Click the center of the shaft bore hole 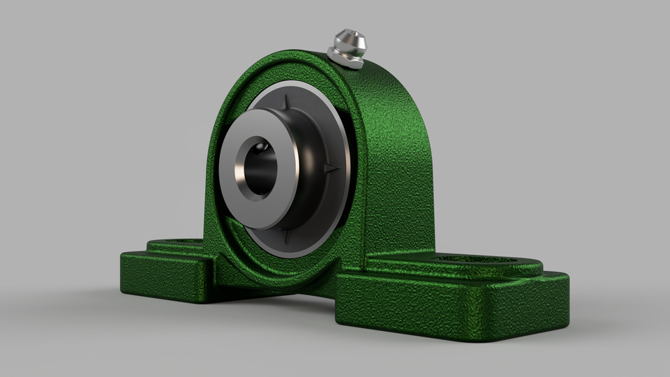(258, 168)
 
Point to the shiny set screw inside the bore (263, 147)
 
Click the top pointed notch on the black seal (285, 102)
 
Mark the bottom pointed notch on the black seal (286, 237)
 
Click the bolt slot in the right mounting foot (475, 260)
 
